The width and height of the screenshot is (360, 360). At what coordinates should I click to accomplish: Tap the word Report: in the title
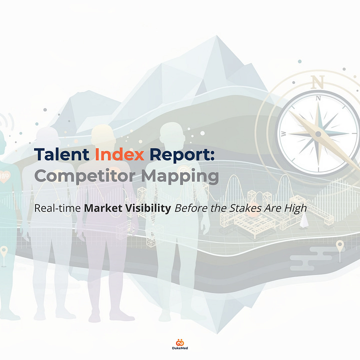pyautogui.click(x=183, y=155)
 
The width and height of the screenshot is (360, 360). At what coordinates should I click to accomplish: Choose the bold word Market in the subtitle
pyautogui.click(x=104, y=207)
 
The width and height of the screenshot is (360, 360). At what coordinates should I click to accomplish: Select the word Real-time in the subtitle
pyautogui.click(x=56, y=207)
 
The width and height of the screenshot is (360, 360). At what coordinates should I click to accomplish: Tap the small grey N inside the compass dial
pyautogui.click(x=317, y=99)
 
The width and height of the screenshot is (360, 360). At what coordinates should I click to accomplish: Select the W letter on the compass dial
pyautogui.click(x=284, y=133)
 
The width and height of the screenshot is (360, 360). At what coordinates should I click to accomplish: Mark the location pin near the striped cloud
pyautogui.click(x=340, y=245)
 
